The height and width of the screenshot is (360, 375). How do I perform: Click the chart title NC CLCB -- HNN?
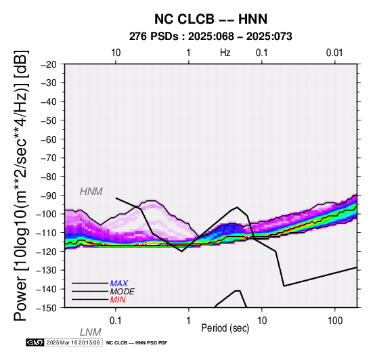coord(211,19)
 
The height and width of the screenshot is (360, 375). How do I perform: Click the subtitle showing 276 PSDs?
coord(211,37)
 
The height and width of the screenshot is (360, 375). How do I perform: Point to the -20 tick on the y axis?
coord(49,64)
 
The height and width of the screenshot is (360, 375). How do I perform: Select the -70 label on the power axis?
coord(49,158)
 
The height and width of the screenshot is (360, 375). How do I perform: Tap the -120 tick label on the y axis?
coord(46,251)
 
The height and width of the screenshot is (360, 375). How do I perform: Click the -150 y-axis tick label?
coord(46,308)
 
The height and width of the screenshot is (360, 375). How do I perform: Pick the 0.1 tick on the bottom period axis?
coord(116,320)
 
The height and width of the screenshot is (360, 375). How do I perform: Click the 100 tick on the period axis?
coord(335,320)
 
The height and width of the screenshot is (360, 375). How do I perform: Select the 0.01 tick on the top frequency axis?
coord(334,53)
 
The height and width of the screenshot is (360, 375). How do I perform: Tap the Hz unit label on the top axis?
coord(225,53)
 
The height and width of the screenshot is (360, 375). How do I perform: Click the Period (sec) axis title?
coord(225,328)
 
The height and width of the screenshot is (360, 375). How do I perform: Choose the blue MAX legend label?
coord(119,284)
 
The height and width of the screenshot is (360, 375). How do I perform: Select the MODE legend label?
coord(123,292)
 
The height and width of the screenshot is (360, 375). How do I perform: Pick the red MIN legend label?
coord(118,300)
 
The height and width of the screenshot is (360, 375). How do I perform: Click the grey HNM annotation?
coord(91,192)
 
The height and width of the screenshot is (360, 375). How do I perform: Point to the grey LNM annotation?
coord(91,332)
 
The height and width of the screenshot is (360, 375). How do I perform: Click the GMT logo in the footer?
coord(35,342)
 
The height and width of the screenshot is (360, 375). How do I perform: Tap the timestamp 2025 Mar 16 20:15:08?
coord(73,342)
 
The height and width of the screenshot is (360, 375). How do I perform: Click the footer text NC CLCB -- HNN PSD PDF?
coord(137,343)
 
